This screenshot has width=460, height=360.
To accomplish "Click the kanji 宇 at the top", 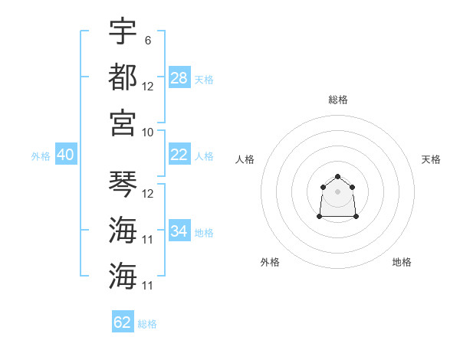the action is tap(123, 31).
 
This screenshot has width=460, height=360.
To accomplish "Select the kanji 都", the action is tap(123, 77).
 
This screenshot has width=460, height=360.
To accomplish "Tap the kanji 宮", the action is tap(123, 123).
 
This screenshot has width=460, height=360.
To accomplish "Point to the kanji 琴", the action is tap(123, 184).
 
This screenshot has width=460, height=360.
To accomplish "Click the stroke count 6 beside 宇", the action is tap(148, 41).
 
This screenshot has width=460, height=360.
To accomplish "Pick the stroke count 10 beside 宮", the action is tap(147, 133).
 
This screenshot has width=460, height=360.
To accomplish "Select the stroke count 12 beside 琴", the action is tap(147, 194).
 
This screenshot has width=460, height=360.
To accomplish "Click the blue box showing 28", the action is tap(179, 77).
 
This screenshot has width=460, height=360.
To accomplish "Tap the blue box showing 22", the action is tap(179, 154).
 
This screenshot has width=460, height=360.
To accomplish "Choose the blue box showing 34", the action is tap(179, 230).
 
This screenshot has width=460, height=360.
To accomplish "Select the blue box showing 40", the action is tap(66, 154).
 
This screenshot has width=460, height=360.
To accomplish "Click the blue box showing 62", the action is tap(123, 321).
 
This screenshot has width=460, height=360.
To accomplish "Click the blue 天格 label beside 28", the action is tap(204, 80).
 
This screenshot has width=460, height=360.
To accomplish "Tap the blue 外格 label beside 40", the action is tap(41, 156).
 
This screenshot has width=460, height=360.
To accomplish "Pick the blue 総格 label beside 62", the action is tap(147, 324).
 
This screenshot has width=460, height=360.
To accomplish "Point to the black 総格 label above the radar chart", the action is tap(338, 100).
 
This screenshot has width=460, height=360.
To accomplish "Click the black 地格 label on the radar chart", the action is tap(402, 262).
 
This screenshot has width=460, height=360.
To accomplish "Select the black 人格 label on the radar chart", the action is tap(245, 159).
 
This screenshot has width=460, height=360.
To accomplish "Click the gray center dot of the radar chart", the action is tap(337, 191).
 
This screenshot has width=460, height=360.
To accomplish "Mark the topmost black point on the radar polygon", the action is tap(337, 176).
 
